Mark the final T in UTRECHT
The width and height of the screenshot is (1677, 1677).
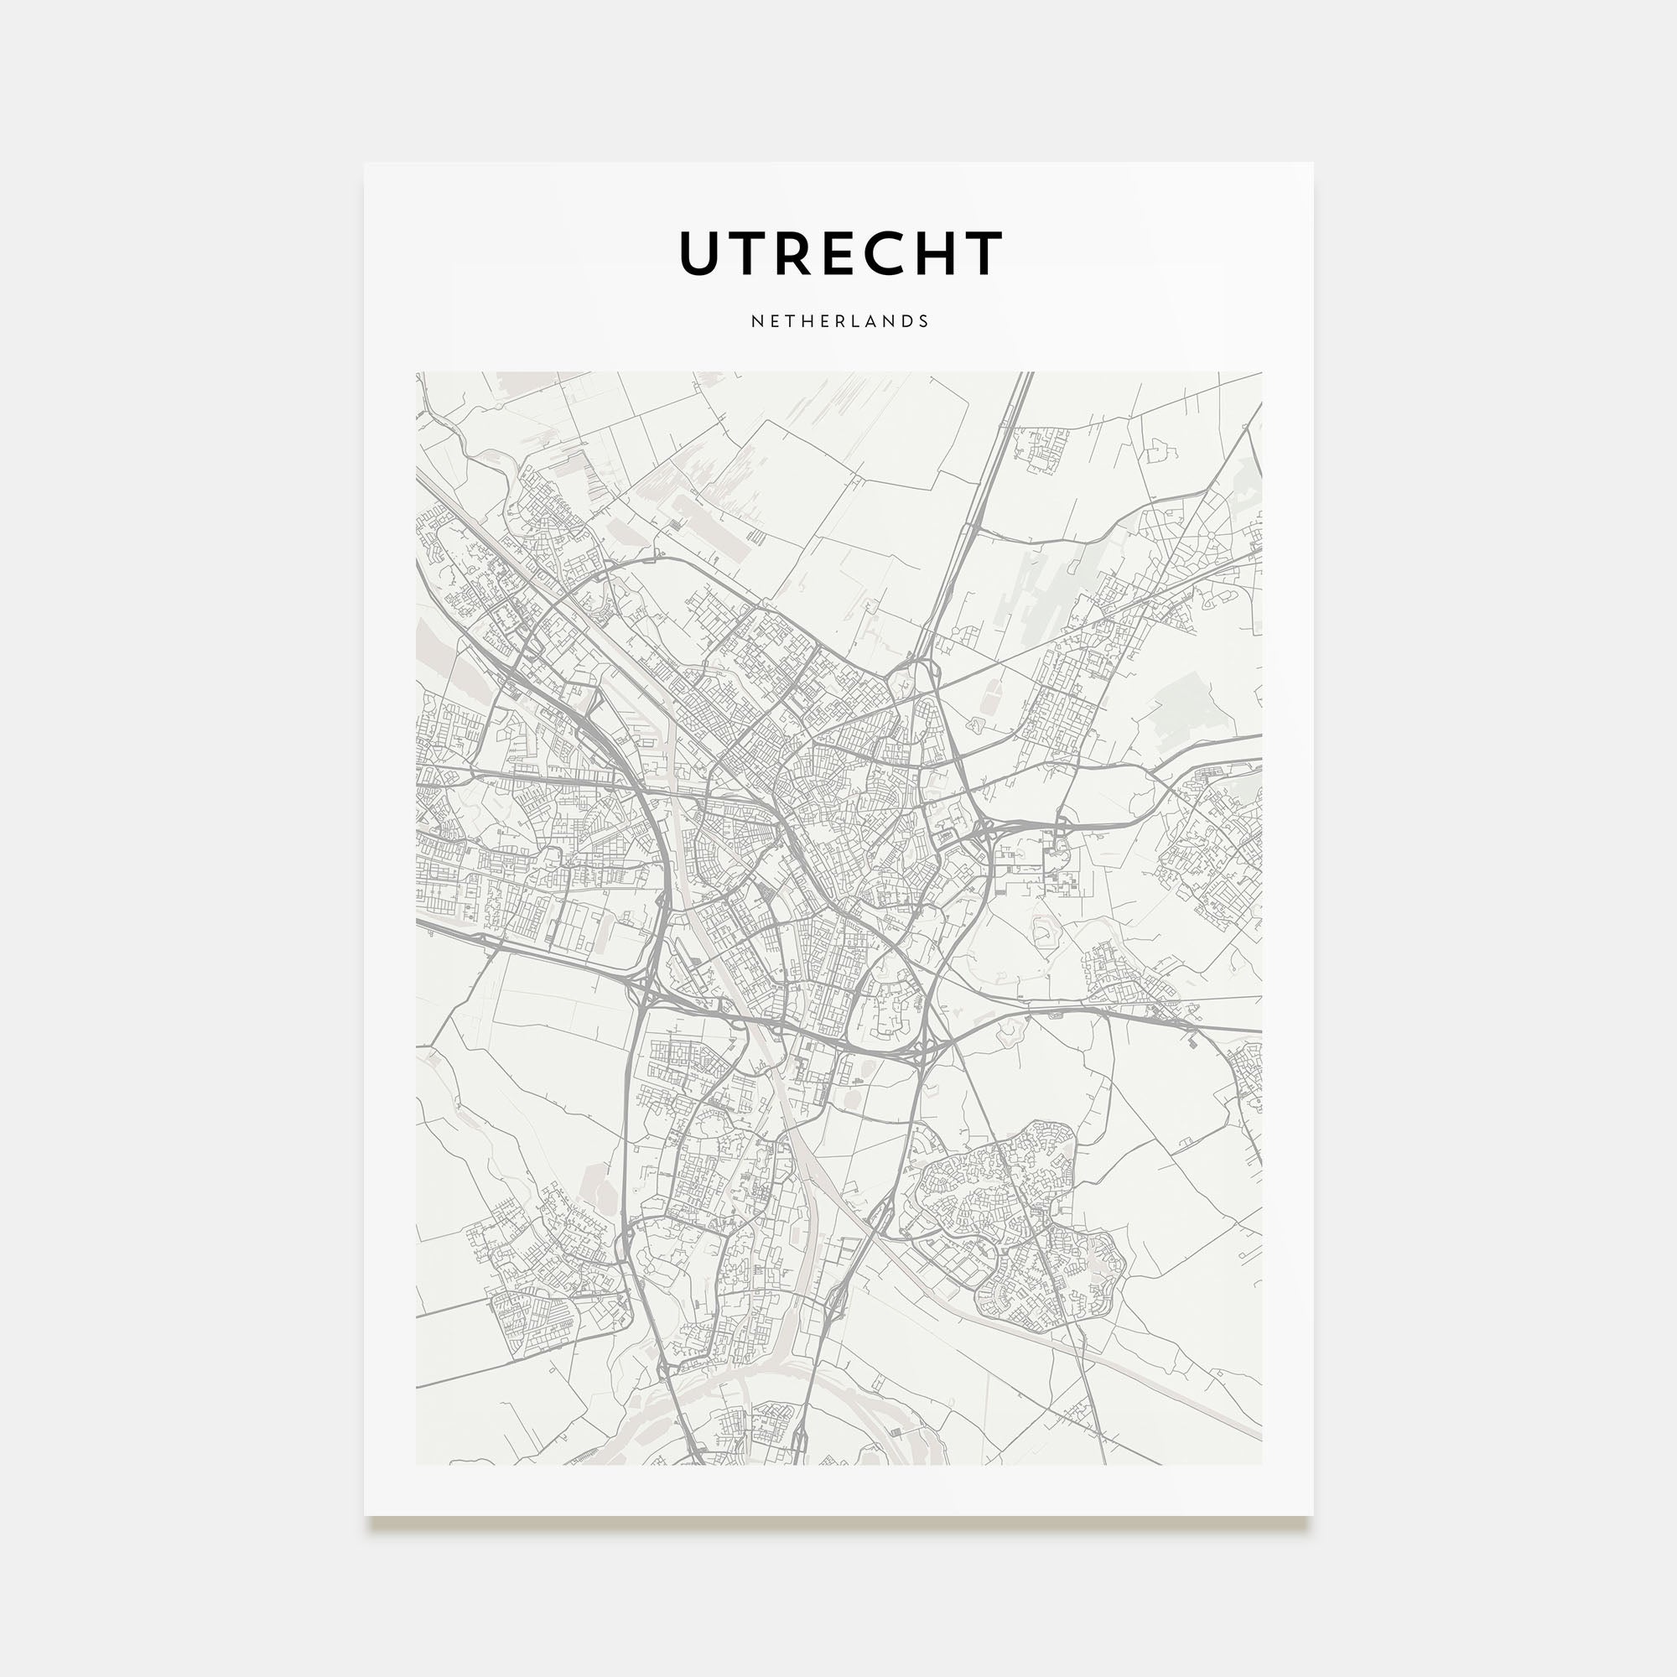point(984,253)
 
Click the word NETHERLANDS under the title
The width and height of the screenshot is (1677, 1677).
point(839,321)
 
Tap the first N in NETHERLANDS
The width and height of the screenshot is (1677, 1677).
point(756,321)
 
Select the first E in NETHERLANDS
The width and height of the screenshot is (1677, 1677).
point(772,321)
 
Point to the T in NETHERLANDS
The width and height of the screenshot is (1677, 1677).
point(788,321)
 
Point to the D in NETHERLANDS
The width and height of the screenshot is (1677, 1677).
point(906,321)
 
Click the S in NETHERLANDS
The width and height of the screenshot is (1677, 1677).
point(922,321)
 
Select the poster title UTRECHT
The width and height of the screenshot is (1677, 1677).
point(839,253)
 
